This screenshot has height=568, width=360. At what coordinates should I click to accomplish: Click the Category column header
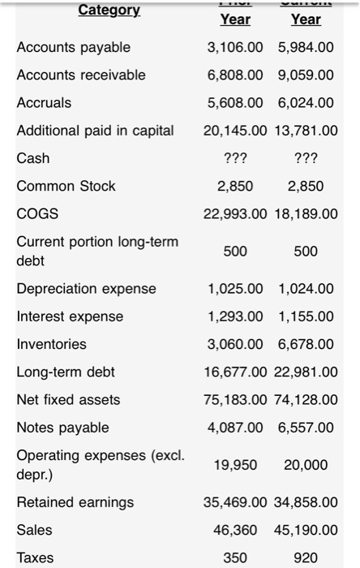[109, 11]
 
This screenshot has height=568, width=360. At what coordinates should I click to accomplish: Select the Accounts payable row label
[73, 48]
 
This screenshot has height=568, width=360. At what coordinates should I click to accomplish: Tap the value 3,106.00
[235, 48]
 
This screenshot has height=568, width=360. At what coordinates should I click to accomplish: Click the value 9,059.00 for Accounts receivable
[306, 75]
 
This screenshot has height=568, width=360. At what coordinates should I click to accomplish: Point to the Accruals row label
[44, 103]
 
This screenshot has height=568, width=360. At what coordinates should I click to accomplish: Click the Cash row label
[33, 158]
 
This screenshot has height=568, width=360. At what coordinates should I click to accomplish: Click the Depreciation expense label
[87, 289]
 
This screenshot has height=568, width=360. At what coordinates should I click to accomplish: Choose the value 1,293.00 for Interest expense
[235, 316]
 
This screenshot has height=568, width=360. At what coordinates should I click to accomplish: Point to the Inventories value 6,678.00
[306, 344]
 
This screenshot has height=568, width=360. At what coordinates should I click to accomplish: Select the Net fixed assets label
[68, 399]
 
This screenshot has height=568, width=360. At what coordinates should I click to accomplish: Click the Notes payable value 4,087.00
[235, 427]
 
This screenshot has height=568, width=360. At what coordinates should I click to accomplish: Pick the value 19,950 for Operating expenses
[235, 465]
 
